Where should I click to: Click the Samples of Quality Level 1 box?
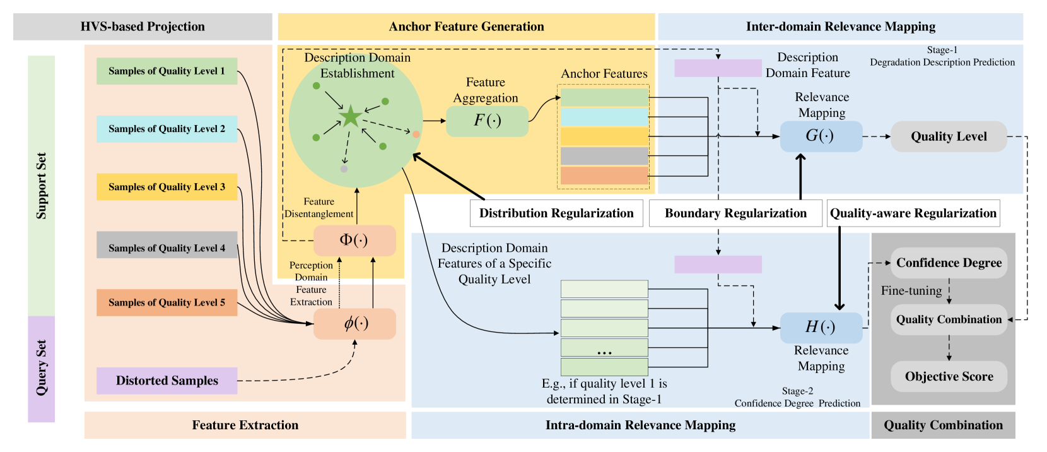(x=167, y=71)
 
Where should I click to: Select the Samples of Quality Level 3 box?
(x=167, y=187)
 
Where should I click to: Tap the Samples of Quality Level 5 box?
(x=167, y=303)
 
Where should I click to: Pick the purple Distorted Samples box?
(x=167, y=381)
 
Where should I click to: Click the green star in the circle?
(x=351, y=117)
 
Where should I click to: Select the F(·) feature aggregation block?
(x=488, y=121)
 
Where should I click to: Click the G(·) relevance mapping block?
(x=821, y=136)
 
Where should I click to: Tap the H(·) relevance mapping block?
(x=821, y=328)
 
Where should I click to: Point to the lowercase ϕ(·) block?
(x=354, y=324)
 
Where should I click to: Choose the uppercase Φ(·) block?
(x=354, y=241)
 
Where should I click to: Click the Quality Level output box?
(x=949, y=136)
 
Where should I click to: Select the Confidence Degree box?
(x=949, y=263)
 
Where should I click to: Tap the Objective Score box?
(x=949, y=377)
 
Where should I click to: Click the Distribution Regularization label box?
(x=556, y=213)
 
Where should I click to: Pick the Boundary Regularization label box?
(x=735, y=213)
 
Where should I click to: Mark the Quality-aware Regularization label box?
(x=913, y=213)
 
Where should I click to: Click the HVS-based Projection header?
(x=143, y=27)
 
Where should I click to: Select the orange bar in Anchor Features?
(x=604, y=176)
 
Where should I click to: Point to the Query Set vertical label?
(x=42, y=368)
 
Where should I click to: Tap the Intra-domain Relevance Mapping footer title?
(x=640, y=425)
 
